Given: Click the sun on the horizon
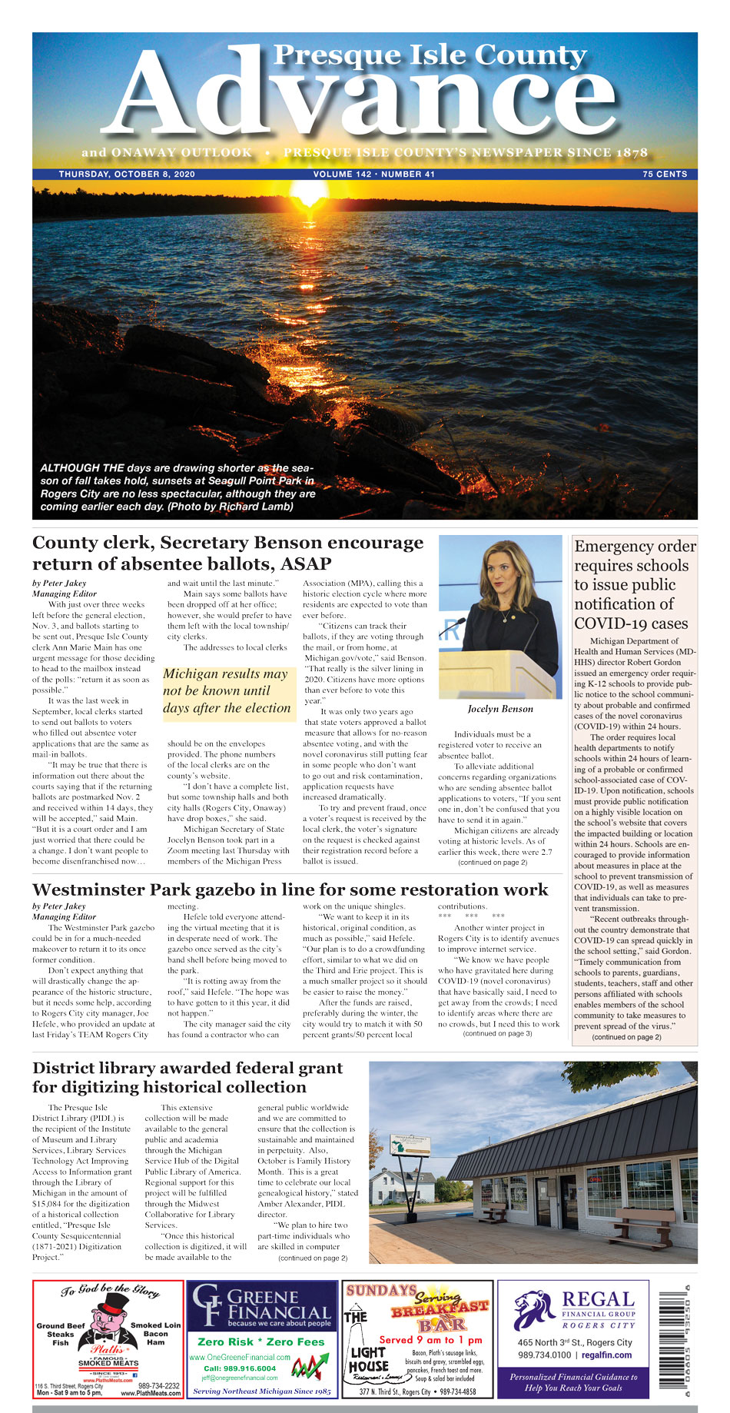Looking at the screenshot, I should tap(309, 191).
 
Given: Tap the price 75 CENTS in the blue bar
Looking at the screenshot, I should tap(665, 175).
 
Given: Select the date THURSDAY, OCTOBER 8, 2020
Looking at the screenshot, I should tap(127, 175).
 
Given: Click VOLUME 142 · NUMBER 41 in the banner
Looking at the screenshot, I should tap(373, 175).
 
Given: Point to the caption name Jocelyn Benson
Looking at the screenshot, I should tap(500, 709).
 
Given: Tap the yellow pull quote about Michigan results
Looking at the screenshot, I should tap(227, 690).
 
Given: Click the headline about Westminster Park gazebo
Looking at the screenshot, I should tap(290, 890).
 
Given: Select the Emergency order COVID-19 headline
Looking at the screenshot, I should tap(635, 584).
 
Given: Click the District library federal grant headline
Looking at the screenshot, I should tap(187, 1077).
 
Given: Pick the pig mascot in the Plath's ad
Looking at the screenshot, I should tap(108, 1322).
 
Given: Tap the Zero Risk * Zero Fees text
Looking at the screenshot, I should tap(261, 1342).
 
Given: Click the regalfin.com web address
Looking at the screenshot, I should tap(606, 1355).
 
